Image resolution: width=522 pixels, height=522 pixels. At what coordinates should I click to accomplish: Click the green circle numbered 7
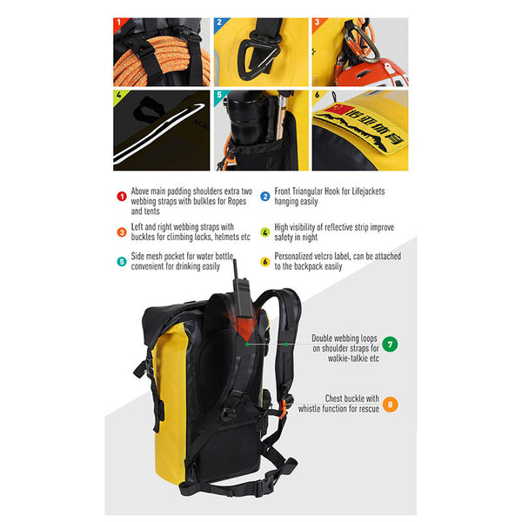[391, 344]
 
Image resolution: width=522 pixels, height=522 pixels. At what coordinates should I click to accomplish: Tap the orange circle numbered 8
[391, 404]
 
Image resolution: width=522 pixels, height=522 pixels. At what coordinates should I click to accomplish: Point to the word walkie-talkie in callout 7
[338, 357]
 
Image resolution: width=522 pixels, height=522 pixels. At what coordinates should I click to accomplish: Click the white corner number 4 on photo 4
[119, 95]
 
